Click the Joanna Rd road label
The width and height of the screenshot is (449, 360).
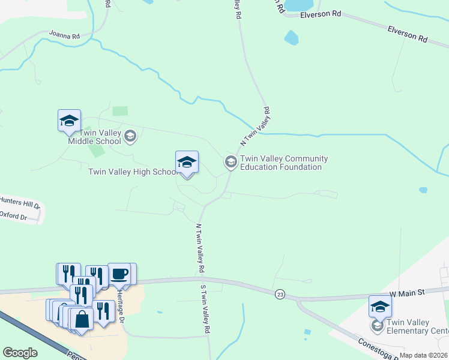[64, 35]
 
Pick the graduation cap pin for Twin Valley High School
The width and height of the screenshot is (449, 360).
[187, 162]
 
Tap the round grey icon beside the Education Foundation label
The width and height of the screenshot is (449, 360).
[230, 162]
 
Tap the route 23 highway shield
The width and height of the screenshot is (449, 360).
[280, 294]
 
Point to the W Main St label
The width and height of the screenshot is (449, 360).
[407, 292]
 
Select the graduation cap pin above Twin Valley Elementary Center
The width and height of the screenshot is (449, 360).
[380, 307]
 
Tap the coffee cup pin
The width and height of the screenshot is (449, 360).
[119, 274]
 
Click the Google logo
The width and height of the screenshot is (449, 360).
[20, 353]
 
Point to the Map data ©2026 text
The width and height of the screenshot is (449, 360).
[423, 355]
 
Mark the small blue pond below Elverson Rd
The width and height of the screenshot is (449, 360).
[291, 38]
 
